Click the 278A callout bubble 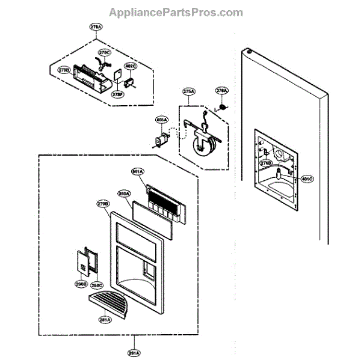(x=96, y=27)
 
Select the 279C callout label (x=104, y=52)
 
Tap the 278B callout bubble (x=64, y=71)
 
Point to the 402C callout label (x=131, y=66)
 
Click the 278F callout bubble (x=119, y=93)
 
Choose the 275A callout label (x=188, y=91)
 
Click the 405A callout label (x=161, y=120)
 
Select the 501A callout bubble (x=138, y=172)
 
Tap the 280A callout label (x=125, y=194)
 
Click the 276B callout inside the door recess (x=267, y=163)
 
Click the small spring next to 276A (x=222, y=107)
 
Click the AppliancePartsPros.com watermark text (x=176, y=12)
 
